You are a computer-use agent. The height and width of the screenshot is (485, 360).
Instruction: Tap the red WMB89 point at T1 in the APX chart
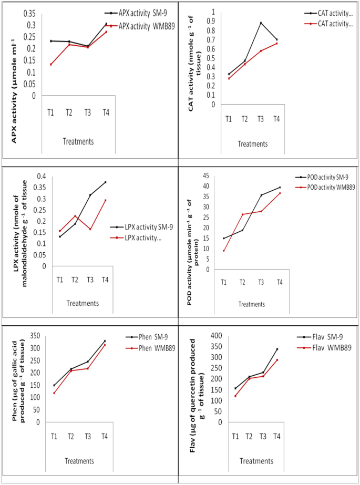51,64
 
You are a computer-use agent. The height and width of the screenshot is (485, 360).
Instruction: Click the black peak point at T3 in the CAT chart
261,23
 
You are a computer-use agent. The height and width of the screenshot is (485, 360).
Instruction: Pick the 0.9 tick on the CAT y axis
213,21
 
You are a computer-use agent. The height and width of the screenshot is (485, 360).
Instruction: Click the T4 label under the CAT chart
276,120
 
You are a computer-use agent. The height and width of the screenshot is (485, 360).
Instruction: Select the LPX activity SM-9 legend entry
140,226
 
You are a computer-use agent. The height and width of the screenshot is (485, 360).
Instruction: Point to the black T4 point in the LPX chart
105,182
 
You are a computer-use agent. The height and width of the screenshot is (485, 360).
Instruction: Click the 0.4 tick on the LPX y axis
40,176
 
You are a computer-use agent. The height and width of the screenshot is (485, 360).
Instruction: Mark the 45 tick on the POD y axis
207,176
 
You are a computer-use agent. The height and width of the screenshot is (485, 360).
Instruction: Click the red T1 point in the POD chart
224,251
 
